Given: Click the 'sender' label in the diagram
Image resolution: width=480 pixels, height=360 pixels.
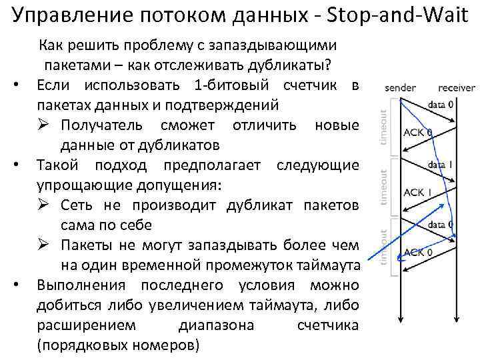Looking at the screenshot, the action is pyautogui.click(x=400, y=88).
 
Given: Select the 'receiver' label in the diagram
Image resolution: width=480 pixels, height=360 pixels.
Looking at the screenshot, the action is pyautogui.click(x=457, y=88).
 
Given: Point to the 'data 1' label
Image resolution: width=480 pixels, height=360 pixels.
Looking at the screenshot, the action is pyautogui.click(x=441, y=164).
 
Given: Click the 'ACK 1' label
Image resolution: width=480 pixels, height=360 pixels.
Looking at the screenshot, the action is pyautogui.click(x=418, y=192).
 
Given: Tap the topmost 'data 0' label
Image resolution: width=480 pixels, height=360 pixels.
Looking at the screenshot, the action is pyautogui.click(x=441, y=104).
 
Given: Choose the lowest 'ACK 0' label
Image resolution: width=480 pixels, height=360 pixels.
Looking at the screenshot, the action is pyautogui.click(x=418, y=252).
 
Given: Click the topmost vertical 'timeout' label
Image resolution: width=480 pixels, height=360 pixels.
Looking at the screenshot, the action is pyautogui.click(x=384, y=127).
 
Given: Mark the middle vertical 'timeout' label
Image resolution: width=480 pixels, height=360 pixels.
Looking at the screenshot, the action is pyautogui.click(x=384, y=187).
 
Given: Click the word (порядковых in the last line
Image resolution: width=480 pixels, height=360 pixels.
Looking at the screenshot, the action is pyautogui.click(x=81, y=346).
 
